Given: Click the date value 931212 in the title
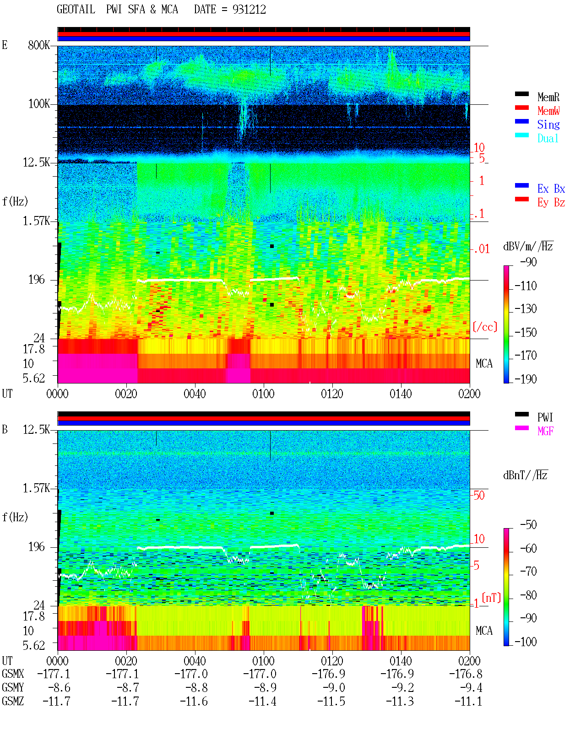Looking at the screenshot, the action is coord(249,9).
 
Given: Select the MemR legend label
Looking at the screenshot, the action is coord(548,97).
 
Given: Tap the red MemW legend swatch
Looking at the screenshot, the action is coord(521,108).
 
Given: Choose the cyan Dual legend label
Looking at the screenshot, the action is coord(548,138).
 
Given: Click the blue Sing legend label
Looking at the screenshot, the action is coord(548,124).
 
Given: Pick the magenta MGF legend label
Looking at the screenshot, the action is coord(545,431).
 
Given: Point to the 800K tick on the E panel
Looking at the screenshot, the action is coord(39,45).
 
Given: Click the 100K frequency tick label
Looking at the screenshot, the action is coord(39,104).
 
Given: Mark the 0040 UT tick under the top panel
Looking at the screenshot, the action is coord(195,394).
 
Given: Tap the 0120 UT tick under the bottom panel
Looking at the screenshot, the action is coord(332,661).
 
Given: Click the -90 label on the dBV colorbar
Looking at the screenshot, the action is coord(528,262).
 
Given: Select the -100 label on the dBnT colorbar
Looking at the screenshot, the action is coord(526,642).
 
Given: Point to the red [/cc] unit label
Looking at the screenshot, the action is coord(485,327).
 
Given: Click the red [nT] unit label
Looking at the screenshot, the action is coord(491,598).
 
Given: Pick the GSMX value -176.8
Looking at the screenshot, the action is coord(466,674).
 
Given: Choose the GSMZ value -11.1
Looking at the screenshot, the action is coord(468,701).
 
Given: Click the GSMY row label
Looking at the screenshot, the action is coord(13,687).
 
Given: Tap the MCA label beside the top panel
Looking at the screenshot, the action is coord(484,363).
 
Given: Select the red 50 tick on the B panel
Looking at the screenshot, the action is coord(479,496).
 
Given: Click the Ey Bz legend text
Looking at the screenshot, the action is coord(551,202).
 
